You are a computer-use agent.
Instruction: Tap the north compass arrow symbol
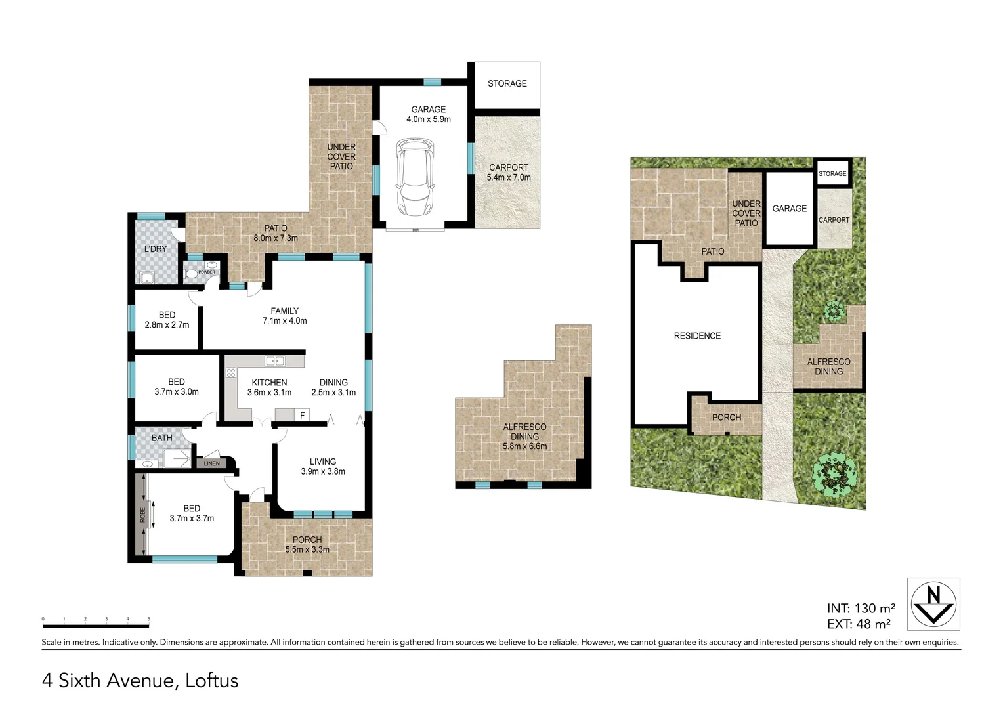933,604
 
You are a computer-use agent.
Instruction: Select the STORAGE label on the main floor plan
507,83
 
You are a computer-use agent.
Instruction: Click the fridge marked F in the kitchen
302,415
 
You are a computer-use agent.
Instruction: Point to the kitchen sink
275,360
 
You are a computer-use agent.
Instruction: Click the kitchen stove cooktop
231,373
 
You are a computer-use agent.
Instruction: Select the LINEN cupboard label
211,463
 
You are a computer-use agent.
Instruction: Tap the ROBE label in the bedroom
142,515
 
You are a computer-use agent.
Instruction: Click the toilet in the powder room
191,273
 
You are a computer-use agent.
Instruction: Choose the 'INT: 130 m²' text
861,609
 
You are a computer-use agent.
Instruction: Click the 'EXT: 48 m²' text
859,624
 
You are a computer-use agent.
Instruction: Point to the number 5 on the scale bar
149,619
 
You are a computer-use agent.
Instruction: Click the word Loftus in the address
211,681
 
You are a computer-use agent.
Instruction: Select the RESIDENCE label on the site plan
697,336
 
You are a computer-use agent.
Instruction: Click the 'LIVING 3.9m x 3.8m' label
323,466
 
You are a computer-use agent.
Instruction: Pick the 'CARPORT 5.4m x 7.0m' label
508,172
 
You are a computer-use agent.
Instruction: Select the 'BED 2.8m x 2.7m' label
167,320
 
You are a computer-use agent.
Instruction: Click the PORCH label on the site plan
726,418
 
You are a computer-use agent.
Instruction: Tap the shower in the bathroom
177,458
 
